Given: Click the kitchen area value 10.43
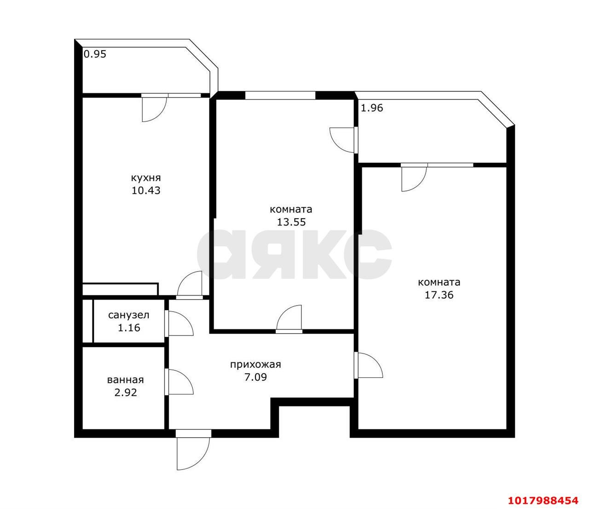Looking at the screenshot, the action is (146, 191).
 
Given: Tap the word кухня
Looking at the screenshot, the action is (146, 178).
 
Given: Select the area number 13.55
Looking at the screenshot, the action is (291, 222).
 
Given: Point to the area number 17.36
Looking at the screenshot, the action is (439, 295).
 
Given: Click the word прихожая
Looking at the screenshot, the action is (255, 364).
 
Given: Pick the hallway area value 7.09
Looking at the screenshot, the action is (255, 377).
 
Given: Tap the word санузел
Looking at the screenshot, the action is (129, 315).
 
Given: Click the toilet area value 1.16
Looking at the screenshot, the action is (129, 328).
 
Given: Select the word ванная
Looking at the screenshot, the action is (125, 380).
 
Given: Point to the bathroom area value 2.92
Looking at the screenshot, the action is (125, 393).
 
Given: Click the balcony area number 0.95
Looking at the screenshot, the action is (95, 54).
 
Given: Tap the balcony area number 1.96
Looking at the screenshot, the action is (372, 108).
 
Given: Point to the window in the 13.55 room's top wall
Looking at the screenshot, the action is (280, 95).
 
